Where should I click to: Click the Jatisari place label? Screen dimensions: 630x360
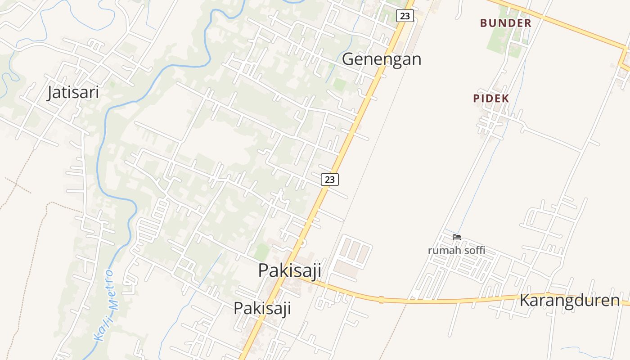coord(73,92)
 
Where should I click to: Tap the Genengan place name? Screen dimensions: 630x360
coord(382,59)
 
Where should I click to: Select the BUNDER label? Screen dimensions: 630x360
coord(505,23)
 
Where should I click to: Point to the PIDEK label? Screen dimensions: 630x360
coord(491,99)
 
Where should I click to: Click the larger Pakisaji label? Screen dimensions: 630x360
coord(289,270)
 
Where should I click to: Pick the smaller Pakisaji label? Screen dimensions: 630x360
coord(262,308)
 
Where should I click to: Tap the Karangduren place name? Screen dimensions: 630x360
coord(569,300)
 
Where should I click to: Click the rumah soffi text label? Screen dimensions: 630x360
coord(456,250)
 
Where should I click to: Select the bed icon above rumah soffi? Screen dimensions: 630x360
coord(457,237)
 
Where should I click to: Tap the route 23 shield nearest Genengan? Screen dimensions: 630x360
coord(405,16)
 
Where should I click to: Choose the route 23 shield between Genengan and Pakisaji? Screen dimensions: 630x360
coord(330,179)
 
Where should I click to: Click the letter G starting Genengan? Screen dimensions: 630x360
coord(348,59)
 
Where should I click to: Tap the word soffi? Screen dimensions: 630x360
coord(474,250)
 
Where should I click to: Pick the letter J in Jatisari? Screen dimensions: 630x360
coord(50,93)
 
